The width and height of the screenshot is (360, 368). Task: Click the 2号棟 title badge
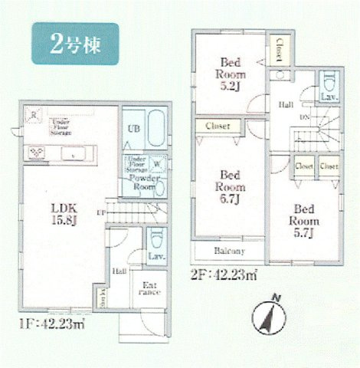tap(75, 42)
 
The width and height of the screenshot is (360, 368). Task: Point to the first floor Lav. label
tap(159, 257)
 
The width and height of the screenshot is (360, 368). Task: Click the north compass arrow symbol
tap(270, 314)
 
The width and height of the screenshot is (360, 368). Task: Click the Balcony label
tap(228, 251)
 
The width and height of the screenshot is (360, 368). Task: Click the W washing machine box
tap(156, 163)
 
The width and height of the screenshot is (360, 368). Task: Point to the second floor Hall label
tap(286, 103)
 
